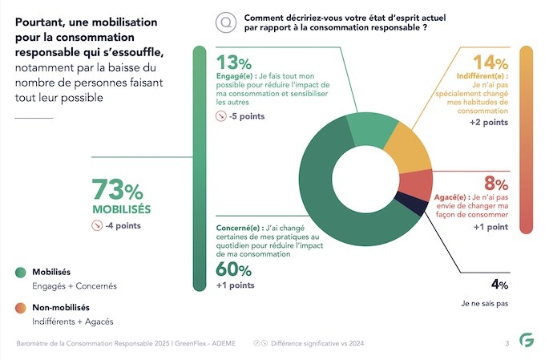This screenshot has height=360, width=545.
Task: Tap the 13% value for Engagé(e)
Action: (234, 63)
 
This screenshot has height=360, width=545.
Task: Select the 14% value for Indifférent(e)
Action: (490, 63)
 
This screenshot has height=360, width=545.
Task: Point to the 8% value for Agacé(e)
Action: (496, 182)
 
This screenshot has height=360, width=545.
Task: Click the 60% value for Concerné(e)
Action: (233, 269)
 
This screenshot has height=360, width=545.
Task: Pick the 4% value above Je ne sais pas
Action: (499, 283)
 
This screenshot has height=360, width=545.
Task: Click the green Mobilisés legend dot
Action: (20, 273)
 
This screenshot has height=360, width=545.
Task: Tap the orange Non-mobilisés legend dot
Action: (20, 308)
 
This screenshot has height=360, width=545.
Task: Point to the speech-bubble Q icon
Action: (227, 22)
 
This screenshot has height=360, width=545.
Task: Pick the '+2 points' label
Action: (488, 123)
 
